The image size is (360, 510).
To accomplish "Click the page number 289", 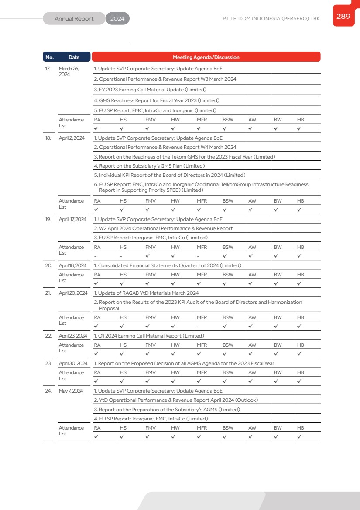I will point(343,17).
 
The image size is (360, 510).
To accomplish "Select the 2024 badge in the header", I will point(117,19).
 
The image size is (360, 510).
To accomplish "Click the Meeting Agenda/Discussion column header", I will point(206,57).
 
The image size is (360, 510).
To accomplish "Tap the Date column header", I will point(74,57).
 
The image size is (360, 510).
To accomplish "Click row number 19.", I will point(48,219).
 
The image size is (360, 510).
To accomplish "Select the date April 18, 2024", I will point(72,265).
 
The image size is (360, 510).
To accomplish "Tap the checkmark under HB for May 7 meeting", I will point(299,437).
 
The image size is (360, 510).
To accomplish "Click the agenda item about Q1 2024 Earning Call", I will point(149,336).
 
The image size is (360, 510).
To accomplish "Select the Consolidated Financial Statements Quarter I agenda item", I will point(168,265).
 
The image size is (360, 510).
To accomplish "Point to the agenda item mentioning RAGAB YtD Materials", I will point(146,293).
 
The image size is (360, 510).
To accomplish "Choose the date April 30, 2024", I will point(73,363).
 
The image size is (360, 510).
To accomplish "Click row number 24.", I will point(48,391).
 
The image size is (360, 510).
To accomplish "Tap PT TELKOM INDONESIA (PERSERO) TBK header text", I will point(271,19).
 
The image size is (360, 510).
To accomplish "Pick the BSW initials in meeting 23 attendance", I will point(228,372).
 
